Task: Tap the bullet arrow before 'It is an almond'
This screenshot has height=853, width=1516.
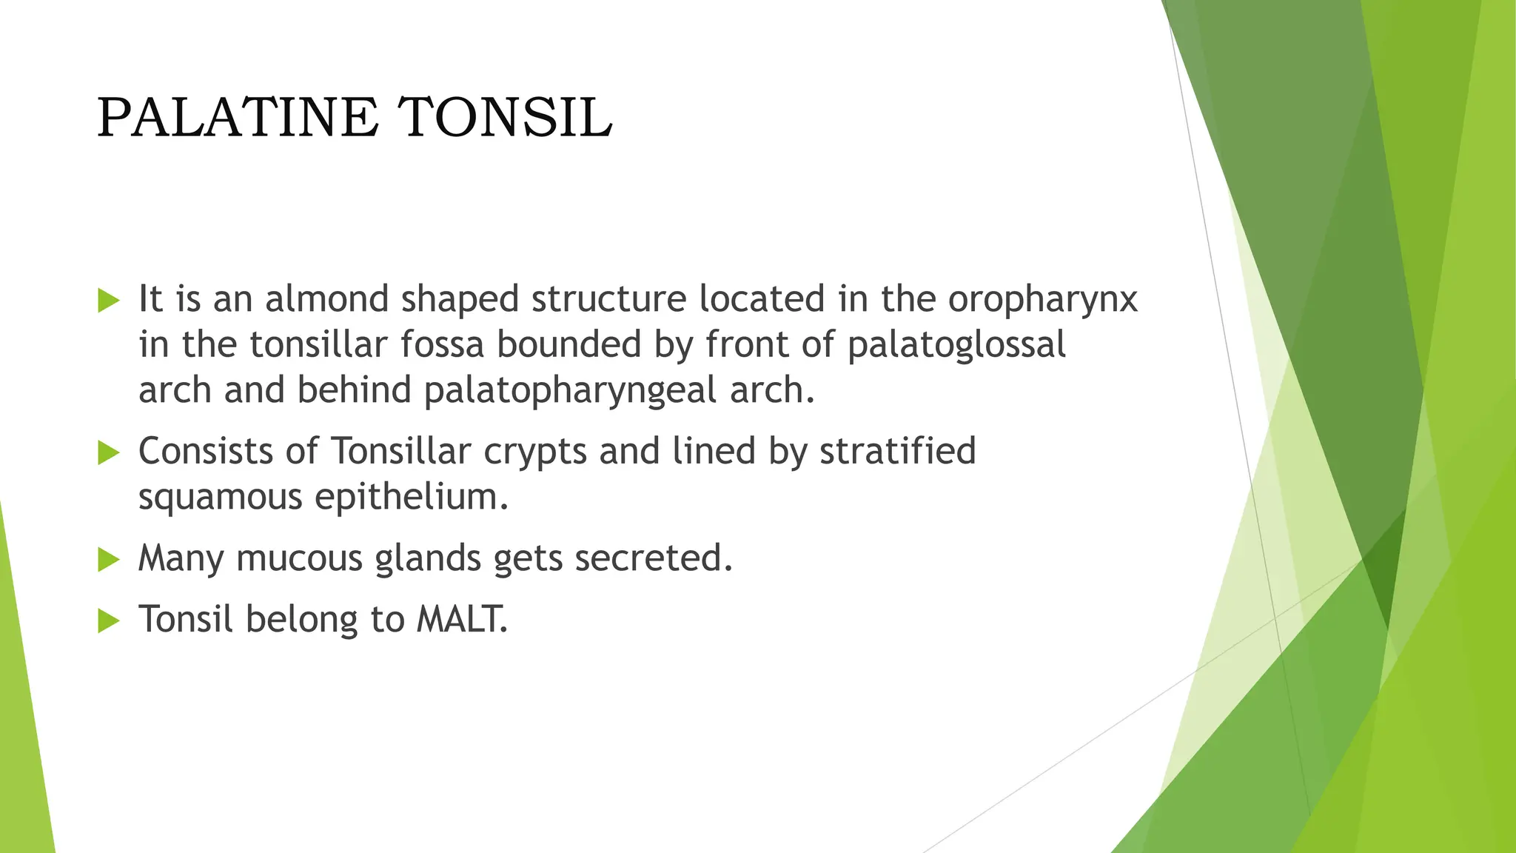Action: [x=108, y=301]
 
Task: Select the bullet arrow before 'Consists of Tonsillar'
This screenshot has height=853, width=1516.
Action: [x=108, y=452]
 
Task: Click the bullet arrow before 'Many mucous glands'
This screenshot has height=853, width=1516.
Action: [x=108, y=560]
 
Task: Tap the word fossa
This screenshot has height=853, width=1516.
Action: [x=442, y=344]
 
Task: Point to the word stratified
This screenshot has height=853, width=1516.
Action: [x=898, y=451]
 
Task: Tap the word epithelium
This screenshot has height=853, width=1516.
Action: [x=412, y=497]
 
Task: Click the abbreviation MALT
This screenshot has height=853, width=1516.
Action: [x=462, y=619]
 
